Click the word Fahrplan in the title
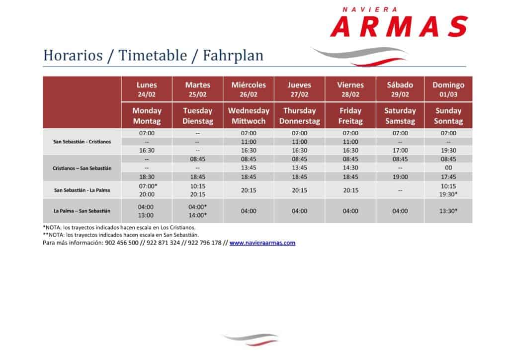[x=233, y=55]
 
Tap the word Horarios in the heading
[x=73, y=55]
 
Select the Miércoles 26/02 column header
[x=249, y=90]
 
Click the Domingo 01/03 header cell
[x=448, y=90]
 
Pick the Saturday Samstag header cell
[x=400, y=115]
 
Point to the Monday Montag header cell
[x=147, y=115]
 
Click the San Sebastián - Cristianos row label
[x=82, y=142]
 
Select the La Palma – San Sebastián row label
[x=82, y=211]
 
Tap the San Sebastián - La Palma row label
[x=82, y=190]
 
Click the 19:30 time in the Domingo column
[x=448, y=150]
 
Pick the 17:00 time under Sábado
[x=400, y=150]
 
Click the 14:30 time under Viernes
[x=350, y=168]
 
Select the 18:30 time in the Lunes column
[x=147, y=177]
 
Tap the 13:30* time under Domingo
[x=448, y=211]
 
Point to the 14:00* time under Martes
[x=198, y=215]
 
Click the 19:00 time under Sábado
[x=400, y=177]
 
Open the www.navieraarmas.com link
[x=262, y=243]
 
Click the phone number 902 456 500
[x=122, y=243]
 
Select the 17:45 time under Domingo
[x=448, y=177]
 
